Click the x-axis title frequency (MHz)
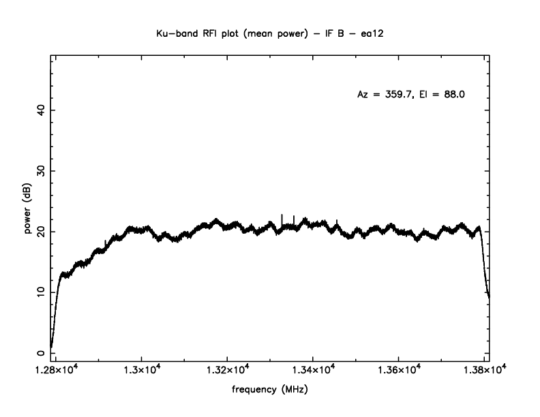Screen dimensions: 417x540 tap(270, 392)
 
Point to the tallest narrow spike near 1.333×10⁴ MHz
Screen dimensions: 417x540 tap(282, 217)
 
